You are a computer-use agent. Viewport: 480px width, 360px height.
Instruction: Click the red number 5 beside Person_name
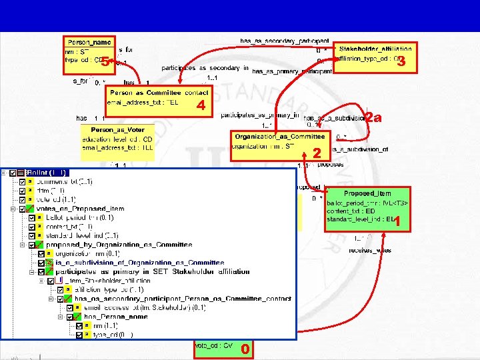pyautogui.click(x=104, y=63)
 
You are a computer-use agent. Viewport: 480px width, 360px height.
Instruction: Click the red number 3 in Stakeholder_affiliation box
pyautogui.click(x=401, y=63)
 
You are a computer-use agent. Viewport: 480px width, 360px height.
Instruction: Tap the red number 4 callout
pyautogui.click(x=200, y=106)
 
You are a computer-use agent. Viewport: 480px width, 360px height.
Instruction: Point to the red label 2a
pyautogui.click(x=374, y=119)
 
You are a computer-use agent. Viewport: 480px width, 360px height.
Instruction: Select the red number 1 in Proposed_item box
pyautogui.click(x=397, y=223)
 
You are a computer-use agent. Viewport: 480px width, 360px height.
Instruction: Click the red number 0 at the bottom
pyautogui.click(x=245, y=349)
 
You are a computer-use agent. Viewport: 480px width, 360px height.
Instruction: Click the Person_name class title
pyautogui.click(x=89, y=42)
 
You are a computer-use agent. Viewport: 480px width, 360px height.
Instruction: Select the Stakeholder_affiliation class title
pyautogui.click(x=375, y=49)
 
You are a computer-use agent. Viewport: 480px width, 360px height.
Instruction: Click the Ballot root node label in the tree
pyautogui.click(x=47, y=173)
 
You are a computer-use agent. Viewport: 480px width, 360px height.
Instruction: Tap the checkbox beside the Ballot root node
pyautogui.click(x=13, y=173)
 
